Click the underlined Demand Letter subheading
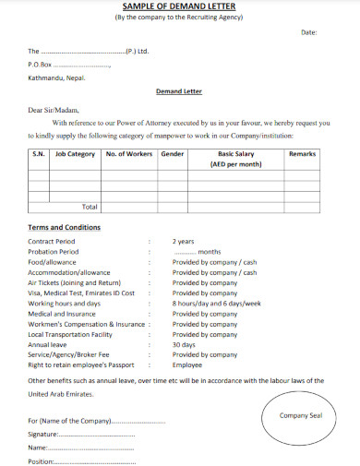click(x=179, y=92)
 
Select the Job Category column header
click(x=75, y=154)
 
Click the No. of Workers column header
click(x=129, y=154)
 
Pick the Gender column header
click(x=173, y=154)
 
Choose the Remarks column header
click(x=302, y=154)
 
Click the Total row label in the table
click(x=90, y=207)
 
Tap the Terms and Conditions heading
click(x=65, y=227)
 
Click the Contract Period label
click(x=52, y=242)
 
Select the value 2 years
click(x=184, y=242)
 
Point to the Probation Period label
click(x=54, y=252)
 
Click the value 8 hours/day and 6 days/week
click(x=217, y=303)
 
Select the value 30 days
click(x=185, y=344)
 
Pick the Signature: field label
click(x=44, y=433)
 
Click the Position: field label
click(x=42, y=460)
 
